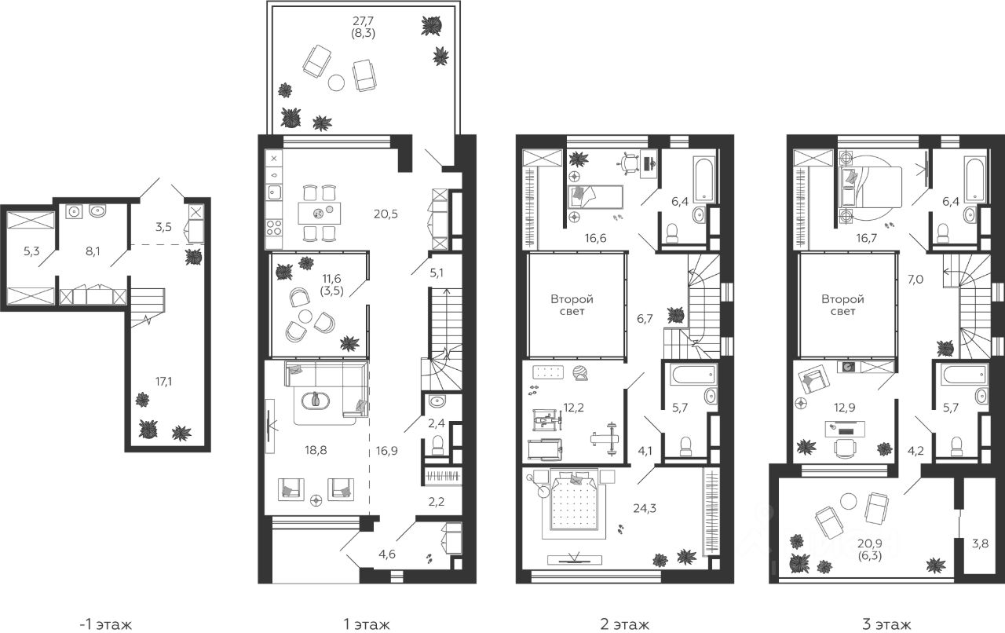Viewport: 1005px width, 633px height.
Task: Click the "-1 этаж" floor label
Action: pyautogui.click(x=105, y=624)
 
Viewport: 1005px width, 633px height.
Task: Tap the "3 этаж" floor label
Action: pyautogui.click(x=886, y=624)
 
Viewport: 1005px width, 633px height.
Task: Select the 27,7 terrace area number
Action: pyautogui.click(x=363, y=20)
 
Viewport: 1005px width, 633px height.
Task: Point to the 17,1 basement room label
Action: pyautogui.click(x=163, y=382)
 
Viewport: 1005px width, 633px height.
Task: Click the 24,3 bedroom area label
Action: pyautogui.click(x=645, y=508)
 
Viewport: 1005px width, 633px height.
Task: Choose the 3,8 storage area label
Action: pyautogui.click(x=980, y=543)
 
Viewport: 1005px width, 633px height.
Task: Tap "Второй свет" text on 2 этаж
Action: pyautogui.click(x=572, y=305)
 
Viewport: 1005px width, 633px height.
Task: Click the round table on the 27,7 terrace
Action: pyautogui.click(x=336, y=82)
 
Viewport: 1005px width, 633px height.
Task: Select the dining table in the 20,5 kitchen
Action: pyautogui.click(x=319, y=214)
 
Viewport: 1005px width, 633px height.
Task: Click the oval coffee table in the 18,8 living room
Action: pyautogui.click(x=316, y=401)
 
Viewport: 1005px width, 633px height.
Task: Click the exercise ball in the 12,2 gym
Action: pyautogui.click(x=579, y=373)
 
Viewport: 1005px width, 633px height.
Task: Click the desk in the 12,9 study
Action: pyautogui.click(x=846, y=429)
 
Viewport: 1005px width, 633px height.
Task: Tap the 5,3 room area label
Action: pyautogui.click(x=31, y=251)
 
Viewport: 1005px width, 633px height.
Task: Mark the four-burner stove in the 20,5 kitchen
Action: pyautogui.click(x=274, y=227)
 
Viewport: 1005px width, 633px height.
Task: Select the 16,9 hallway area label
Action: pyautogui.click(x=387, y=450)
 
